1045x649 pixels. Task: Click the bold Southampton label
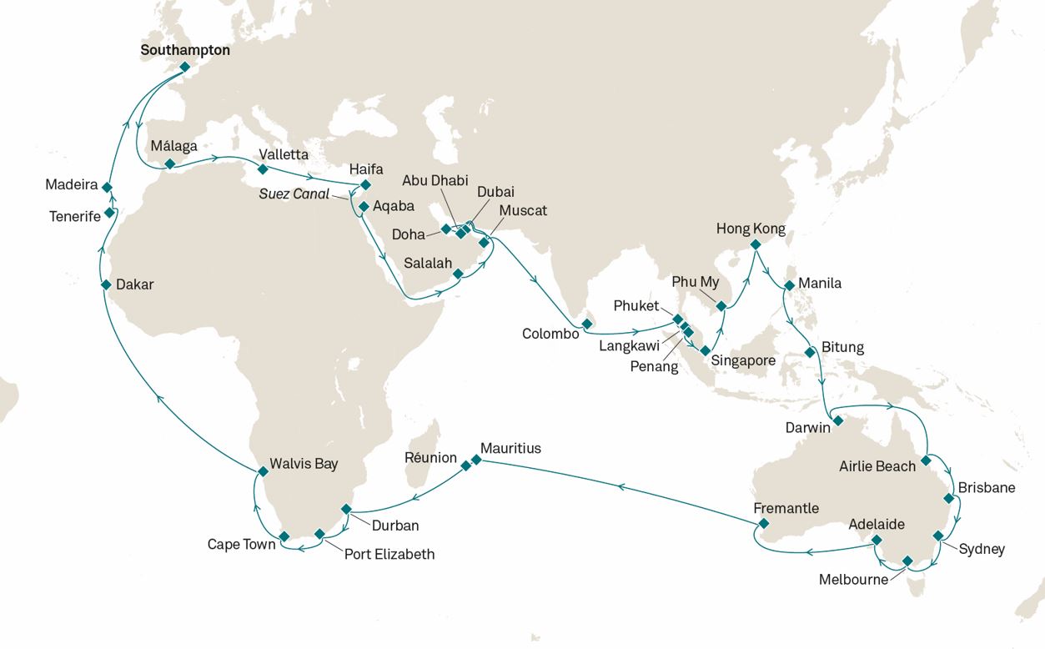(185, 50)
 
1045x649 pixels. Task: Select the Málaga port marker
(170, 164)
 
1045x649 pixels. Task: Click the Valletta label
(284, 154)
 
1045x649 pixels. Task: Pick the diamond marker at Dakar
(107, 284)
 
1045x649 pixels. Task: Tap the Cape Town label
(240, 545)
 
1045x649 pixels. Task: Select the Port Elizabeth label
(389, 554)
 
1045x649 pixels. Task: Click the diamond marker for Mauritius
(476, 460)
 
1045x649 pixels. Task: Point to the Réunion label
(430, 458)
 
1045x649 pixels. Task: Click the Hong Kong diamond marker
(755, 245)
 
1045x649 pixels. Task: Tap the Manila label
(820, 283)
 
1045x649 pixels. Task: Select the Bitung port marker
(809, 353)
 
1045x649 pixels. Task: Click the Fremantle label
(786, 508)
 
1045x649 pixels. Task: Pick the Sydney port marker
(937, 536)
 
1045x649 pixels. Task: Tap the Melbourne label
(853, 580)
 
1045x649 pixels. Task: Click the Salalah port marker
(458, 273)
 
